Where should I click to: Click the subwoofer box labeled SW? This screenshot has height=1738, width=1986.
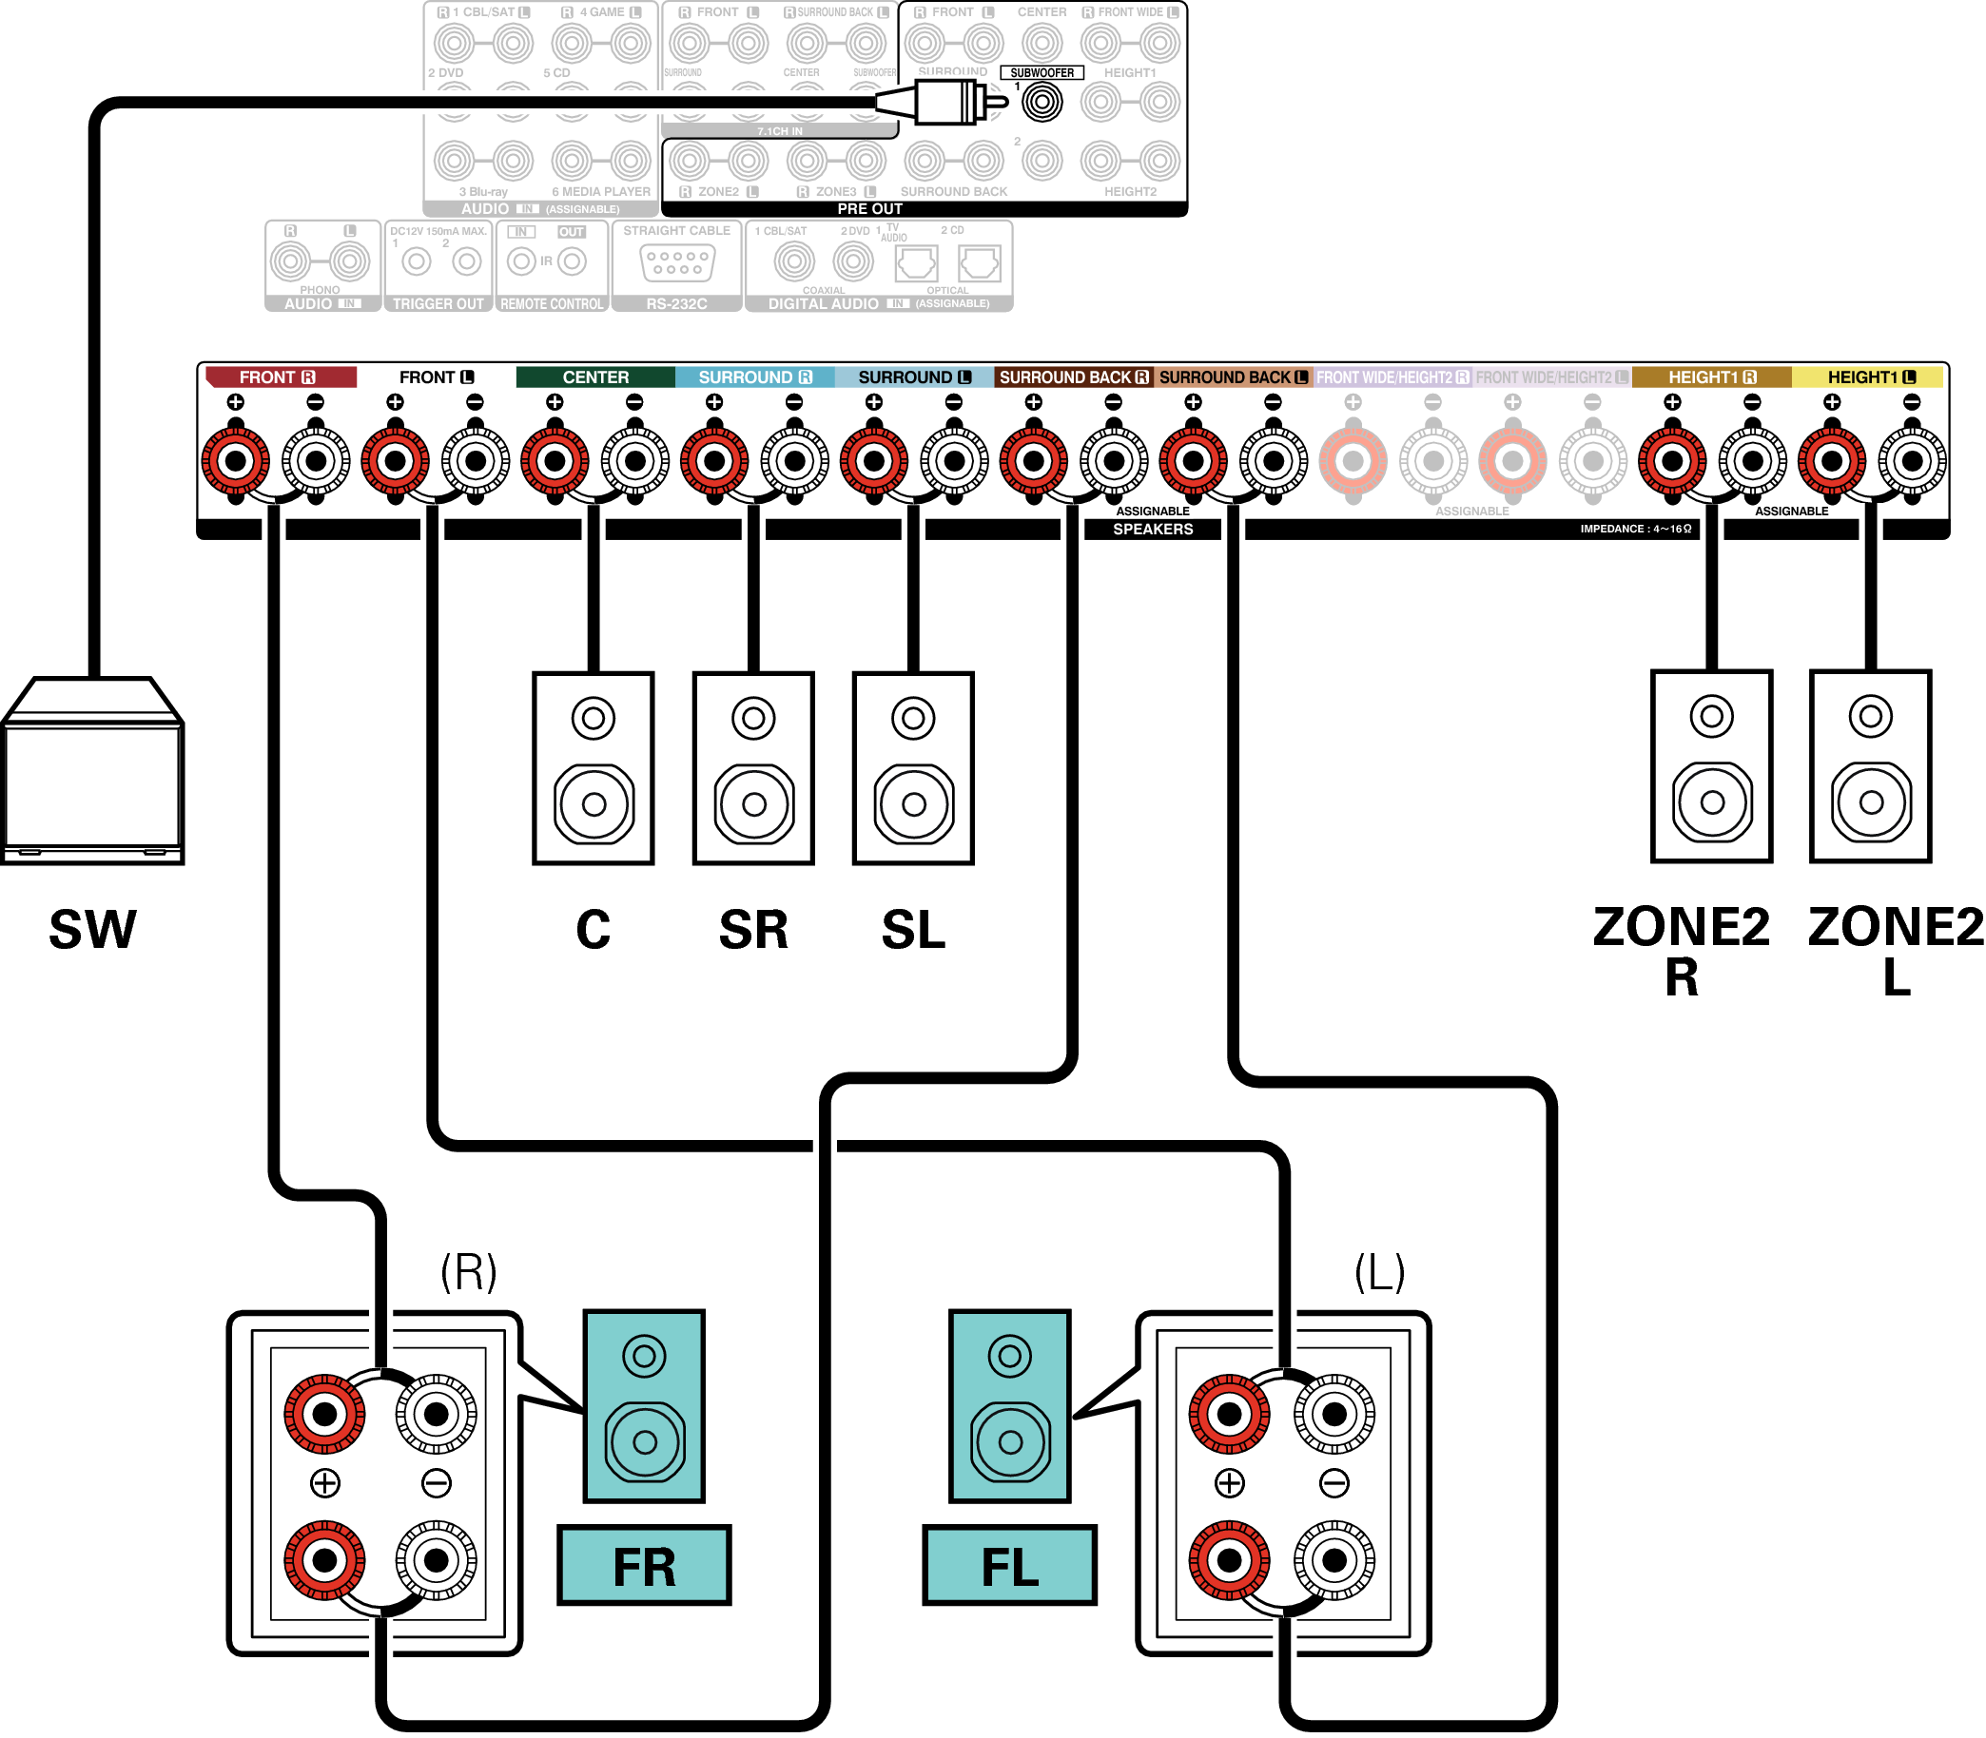92,776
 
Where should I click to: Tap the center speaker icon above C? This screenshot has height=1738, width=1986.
593,767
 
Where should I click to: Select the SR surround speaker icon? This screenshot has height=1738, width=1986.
753,767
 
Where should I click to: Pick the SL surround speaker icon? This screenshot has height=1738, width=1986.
913,767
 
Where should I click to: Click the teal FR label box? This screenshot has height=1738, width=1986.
644,1565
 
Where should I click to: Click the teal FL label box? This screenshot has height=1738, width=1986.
1009,1565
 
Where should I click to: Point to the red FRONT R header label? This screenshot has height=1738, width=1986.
279,377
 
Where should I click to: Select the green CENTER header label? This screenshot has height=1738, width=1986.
595,377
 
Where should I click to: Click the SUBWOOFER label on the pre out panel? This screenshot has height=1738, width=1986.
1042,73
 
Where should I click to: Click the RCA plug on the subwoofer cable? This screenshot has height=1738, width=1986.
946,102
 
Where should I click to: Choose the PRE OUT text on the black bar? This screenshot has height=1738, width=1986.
870,209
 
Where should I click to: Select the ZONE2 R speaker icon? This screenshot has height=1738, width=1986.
1711,765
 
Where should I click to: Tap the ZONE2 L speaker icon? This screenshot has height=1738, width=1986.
1871,765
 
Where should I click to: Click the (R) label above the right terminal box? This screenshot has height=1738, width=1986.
469,1271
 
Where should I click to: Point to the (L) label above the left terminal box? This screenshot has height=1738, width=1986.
1379,1271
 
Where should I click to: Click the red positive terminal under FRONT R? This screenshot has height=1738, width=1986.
236,461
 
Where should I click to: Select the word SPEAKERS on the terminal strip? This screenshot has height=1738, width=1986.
1153,530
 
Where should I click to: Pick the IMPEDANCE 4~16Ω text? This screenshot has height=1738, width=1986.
1636,529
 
